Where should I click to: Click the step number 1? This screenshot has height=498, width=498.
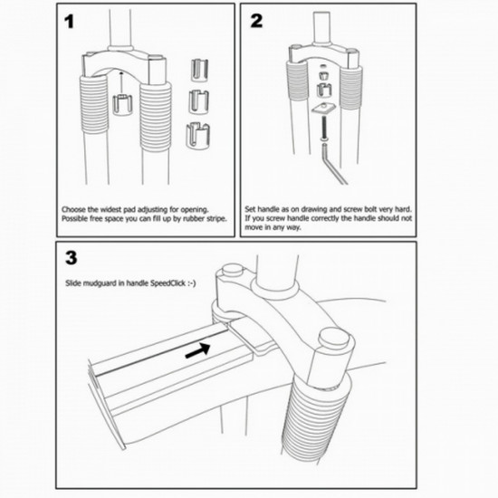click(x=69, y=22)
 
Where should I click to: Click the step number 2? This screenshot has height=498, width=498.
click(x=256, y=21)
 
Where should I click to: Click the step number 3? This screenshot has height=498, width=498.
click(x=72, y=258)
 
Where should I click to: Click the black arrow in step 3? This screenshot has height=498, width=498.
click(x=197, y=350)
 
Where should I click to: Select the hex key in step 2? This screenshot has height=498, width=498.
click(x=334, y=164)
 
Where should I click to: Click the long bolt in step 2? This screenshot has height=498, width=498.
click(x=324, y=128)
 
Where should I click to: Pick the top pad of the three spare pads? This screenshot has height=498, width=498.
click(x=199, y=70)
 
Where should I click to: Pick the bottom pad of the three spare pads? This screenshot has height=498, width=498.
click(x=197, y=136)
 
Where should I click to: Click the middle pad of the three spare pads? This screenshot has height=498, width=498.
click(x=199, y=101)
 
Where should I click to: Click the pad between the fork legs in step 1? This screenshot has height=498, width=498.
click(x=122, y=105)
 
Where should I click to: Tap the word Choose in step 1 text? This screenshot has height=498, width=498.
click(x=73, y=210)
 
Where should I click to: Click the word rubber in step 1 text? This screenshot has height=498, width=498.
click(x=194, y=219)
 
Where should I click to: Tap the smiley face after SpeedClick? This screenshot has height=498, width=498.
click(x=192, y=283)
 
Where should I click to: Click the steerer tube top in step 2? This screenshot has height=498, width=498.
click(x=322, y=28)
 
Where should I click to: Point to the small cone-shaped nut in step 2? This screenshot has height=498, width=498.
click(x=323, y=76)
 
